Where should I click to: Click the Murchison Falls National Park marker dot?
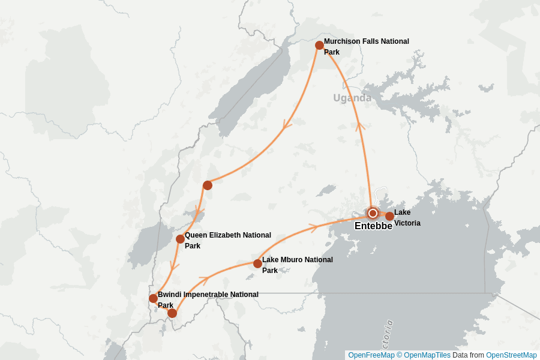[319, 46]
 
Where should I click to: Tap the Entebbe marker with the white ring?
[373, 213]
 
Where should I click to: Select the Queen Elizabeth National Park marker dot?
[180, 239]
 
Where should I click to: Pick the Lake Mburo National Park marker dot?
[257, 263]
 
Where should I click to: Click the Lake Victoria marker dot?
[389, 216]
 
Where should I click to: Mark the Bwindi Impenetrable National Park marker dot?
[153, 298]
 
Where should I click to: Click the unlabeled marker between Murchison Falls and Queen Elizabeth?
[208, 185]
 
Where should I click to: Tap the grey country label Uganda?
[352, 98]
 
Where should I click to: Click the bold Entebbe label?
[373, 226]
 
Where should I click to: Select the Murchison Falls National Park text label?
[366, 47]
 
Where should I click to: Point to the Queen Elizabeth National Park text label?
[227, 240]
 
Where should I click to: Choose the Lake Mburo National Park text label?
[297, 265]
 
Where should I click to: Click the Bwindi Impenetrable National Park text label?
[208, 299]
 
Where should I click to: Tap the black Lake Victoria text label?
[407, 218]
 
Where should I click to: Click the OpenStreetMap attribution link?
[511, 355]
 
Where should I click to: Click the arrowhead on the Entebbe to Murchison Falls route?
[360, 127]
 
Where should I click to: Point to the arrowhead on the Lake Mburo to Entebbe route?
[312, 228]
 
